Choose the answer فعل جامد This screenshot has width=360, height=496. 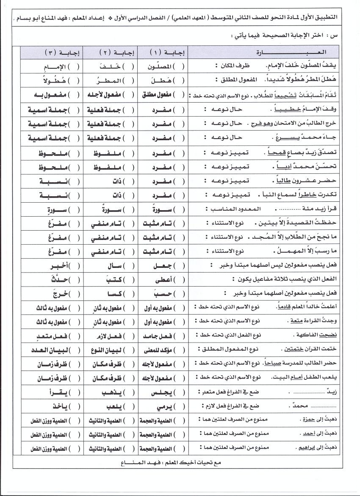pyautogui.click(x=159, y=335)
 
